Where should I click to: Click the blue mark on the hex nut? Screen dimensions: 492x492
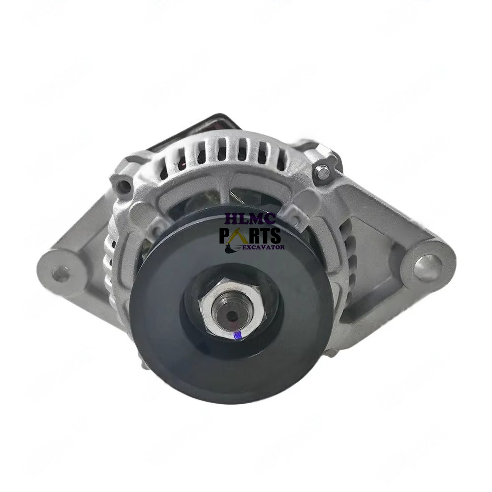tap(239, 336)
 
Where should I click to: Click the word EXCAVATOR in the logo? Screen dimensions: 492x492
tap(263, 247)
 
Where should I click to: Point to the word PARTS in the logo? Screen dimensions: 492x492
tap(250, 235)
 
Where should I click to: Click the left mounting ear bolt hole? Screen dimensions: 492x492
tap(61, 274)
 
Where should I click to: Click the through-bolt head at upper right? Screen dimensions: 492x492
tap(322, 172)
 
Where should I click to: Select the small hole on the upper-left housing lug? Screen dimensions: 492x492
tap(123, 186)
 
